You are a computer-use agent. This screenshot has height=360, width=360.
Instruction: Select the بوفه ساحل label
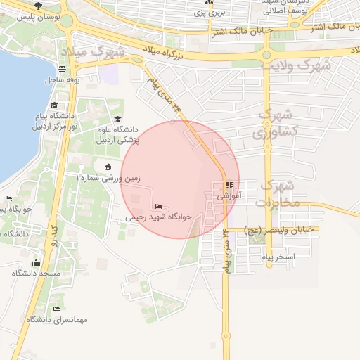click(x=62, y=79)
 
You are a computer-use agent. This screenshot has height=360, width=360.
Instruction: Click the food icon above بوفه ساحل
click(x=63, y=70)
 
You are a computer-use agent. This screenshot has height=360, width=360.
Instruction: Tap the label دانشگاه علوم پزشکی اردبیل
click(x=118, y=134)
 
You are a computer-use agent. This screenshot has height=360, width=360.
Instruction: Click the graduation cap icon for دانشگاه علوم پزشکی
click(x=117, y=120)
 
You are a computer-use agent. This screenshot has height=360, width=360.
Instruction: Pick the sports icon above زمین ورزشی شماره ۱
click(x=107, y=167)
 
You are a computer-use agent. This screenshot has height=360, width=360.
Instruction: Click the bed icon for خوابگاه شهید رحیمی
click(x=157, y=206)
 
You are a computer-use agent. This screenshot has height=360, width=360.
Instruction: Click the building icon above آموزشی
click(x=229, y=186)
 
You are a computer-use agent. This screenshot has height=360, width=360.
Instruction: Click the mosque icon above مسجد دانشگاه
click(x=36, y=263)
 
